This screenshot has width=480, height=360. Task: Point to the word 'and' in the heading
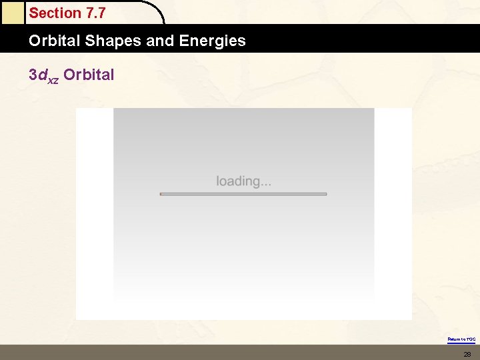pyautogui.click(x=160, y=41)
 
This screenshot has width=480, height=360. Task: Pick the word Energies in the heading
pyautogui.click(x=212, y=41)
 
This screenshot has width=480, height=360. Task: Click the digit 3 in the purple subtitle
pyautogui.click(x=33, y=75)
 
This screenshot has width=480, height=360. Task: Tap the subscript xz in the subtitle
pyautogui.click(x=52, y=79)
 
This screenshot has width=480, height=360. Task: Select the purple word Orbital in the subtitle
pyautogui.click(x=89, y=75)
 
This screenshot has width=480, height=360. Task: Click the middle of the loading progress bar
pyautogui.click(x=243, y=194)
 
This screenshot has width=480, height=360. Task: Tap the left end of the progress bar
pyautogui.click(x=162, y=194)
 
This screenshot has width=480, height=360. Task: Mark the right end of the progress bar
pyautogui.click(x=325, y=194)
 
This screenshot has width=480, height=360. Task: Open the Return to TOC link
pyautogui.click(x=461, y=339)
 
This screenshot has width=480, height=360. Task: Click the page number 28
pyautogui.click(x=467, y=353)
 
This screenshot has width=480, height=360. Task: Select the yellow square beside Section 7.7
pyautogui.click(x=12, y=13)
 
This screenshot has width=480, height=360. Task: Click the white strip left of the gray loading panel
pyautogui.click(x=94, y=213)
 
